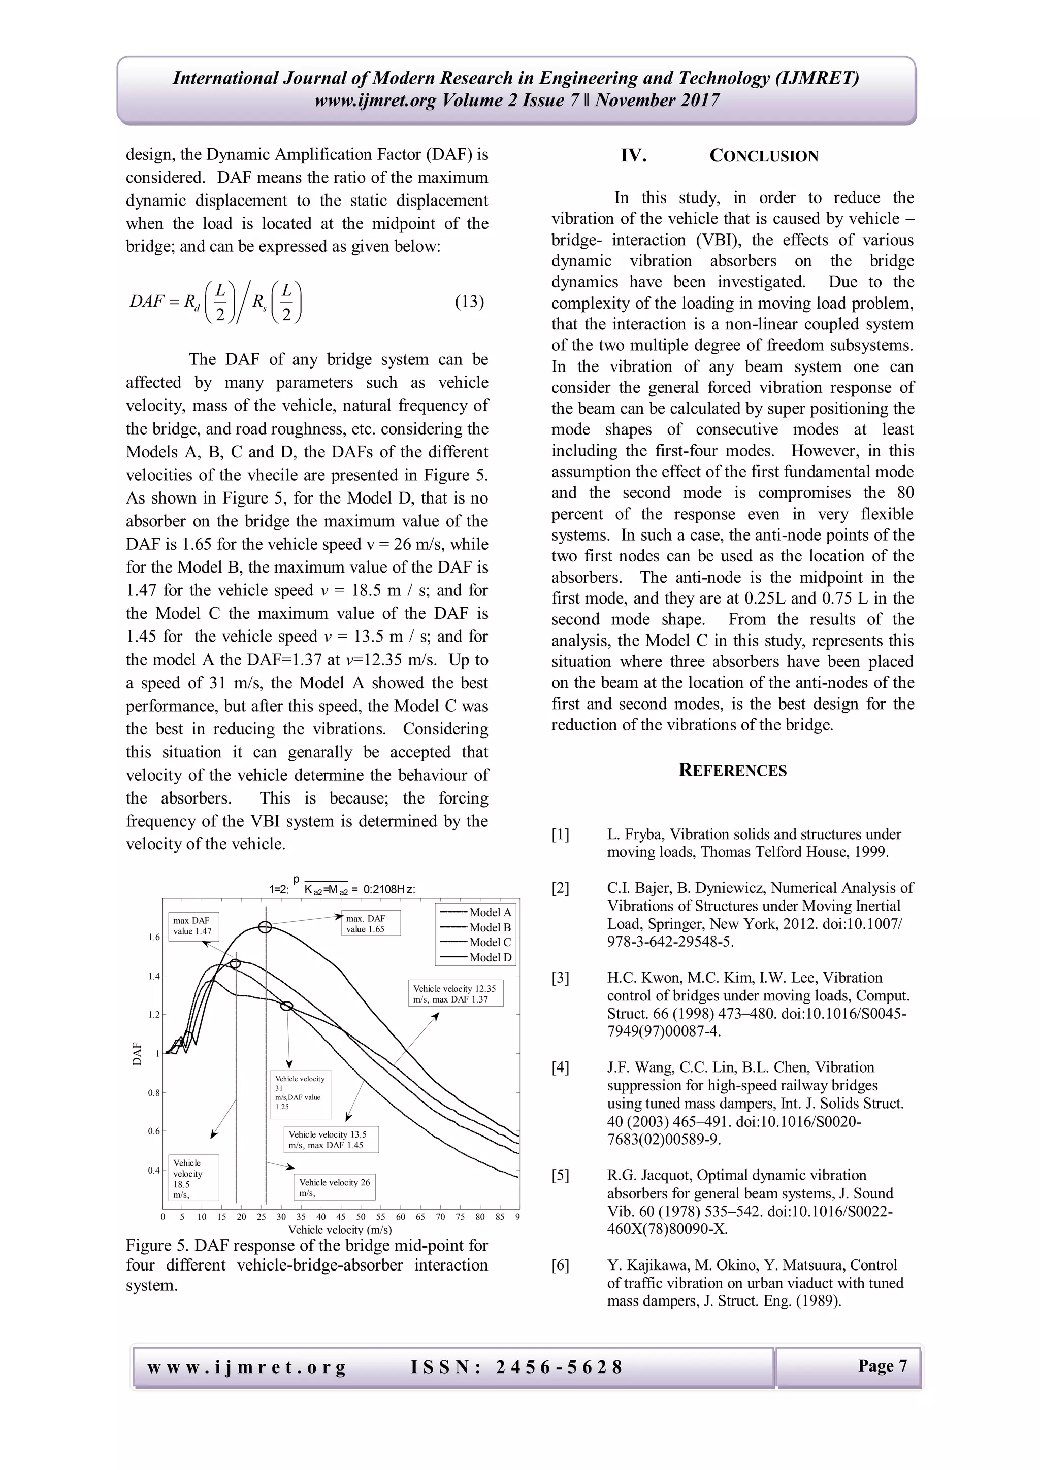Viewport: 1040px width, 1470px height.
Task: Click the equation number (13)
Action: tap(469, 302)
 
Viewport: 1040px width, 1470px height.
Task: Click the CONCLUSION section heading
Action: tap(763, 156)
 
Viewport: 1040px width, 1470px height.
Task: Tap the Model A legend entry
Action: tap(490, 912)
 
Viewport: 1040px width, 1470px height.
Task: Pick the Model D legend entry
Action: tap(490, 957)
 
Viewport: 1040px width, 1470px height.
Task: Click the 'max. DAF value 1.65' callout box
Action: tap(371, 923)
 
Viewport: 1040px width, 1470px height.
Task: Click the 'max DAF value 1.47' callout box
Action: tap(194, 926)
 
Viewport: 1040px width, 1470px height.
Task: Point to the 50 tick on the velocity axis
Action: tap(361, 1217)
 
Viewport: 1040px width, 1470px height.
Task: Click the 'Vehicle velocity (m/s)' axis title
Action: tap(340, 1229)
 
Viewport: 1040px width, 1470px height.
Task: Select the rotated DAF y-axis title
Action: tap(137, 1054)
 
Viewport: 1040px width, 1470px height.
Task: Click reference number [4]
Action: tap(560, 1067)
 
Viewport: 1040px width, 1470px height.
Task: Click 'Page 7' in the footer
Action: tap(883, 1365)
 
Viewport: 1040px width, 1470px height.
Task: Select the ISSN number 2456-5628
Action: tap(559, 1367)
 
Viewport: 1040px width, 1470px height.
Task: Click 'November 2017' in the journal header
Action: tap(658, 101)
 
